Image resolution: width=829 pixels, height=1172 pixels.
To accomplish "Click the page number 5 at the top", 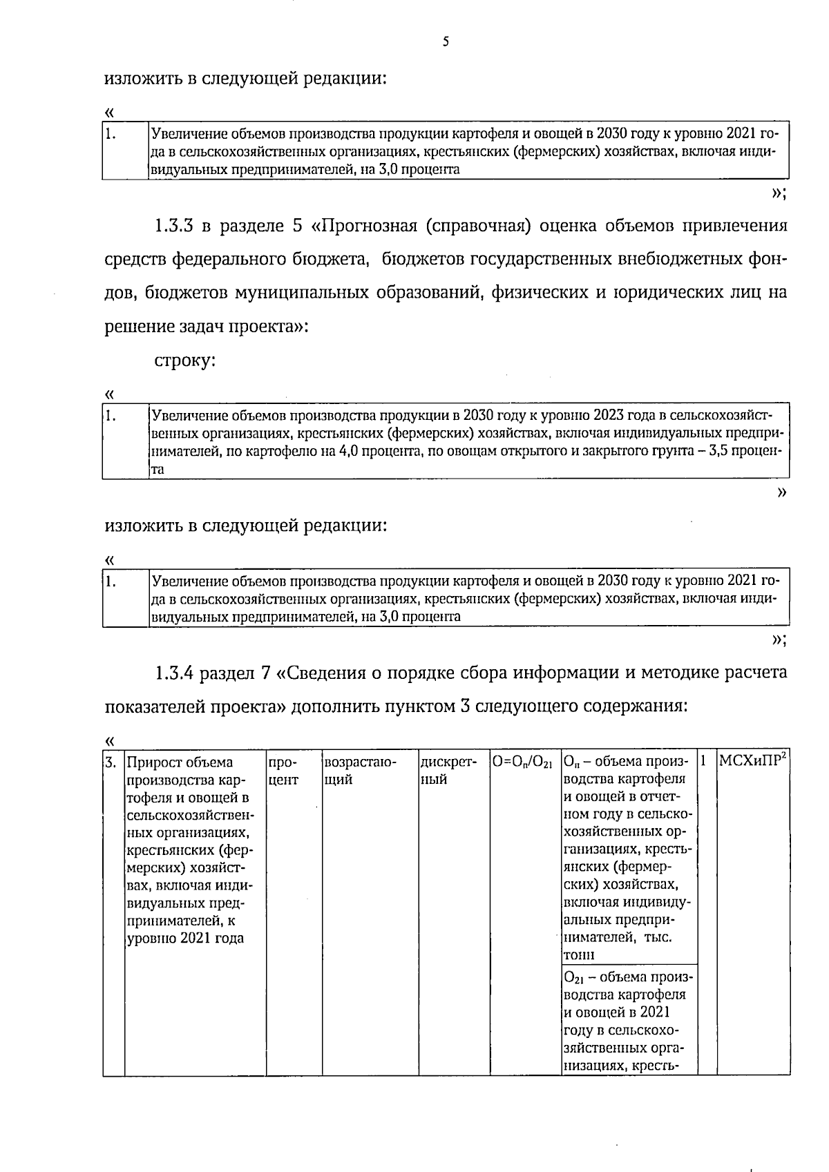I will [x=446, y=42].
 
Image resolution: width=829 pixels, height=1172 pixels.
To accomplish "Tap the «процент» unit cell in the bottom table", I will [x=282, y=771].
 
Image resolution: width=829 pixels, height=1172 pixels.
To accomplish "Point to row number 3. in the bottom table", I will [x=111, y=762].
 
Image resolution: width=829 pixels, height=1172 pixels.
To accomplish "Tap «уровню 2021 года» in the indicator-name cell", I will [x=186, y=939].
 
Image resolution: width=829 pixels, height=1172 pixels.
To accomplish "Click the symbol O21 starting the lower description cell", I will [x=571, y=978].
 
